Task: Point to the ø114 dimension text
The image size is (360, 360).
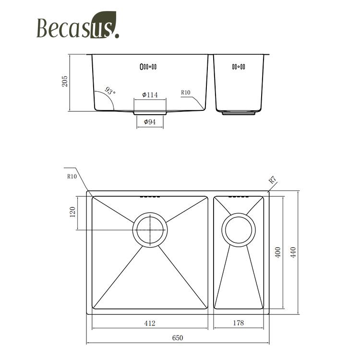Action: point(150,95)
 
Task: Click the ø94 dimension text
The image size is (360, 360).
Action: point(150,122)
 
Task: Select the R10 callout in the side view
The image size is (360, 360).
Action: point(186,93)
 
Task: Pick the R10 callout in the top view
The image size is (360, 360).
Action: point(72,176)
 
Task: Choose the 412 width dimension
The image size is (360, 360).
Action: point(150,323)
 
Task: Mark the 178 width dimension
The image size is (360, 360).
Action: point(238,323)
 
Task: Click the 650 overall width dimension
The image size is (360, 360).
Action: point(178,337)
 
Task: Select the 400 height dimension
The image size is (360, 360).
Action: point(277,252)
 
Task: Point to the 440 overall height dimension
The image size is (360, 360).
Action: point(293,252)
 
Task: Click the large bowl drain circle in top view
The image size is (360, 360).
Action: point(150,229)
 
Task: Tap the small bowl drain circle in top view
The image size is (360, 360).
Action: point(239,229)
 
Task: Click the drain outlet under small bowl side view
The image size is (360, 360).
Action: point(239,114)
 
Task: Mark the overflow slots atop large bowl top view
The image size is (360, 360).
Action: point(149,196)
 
